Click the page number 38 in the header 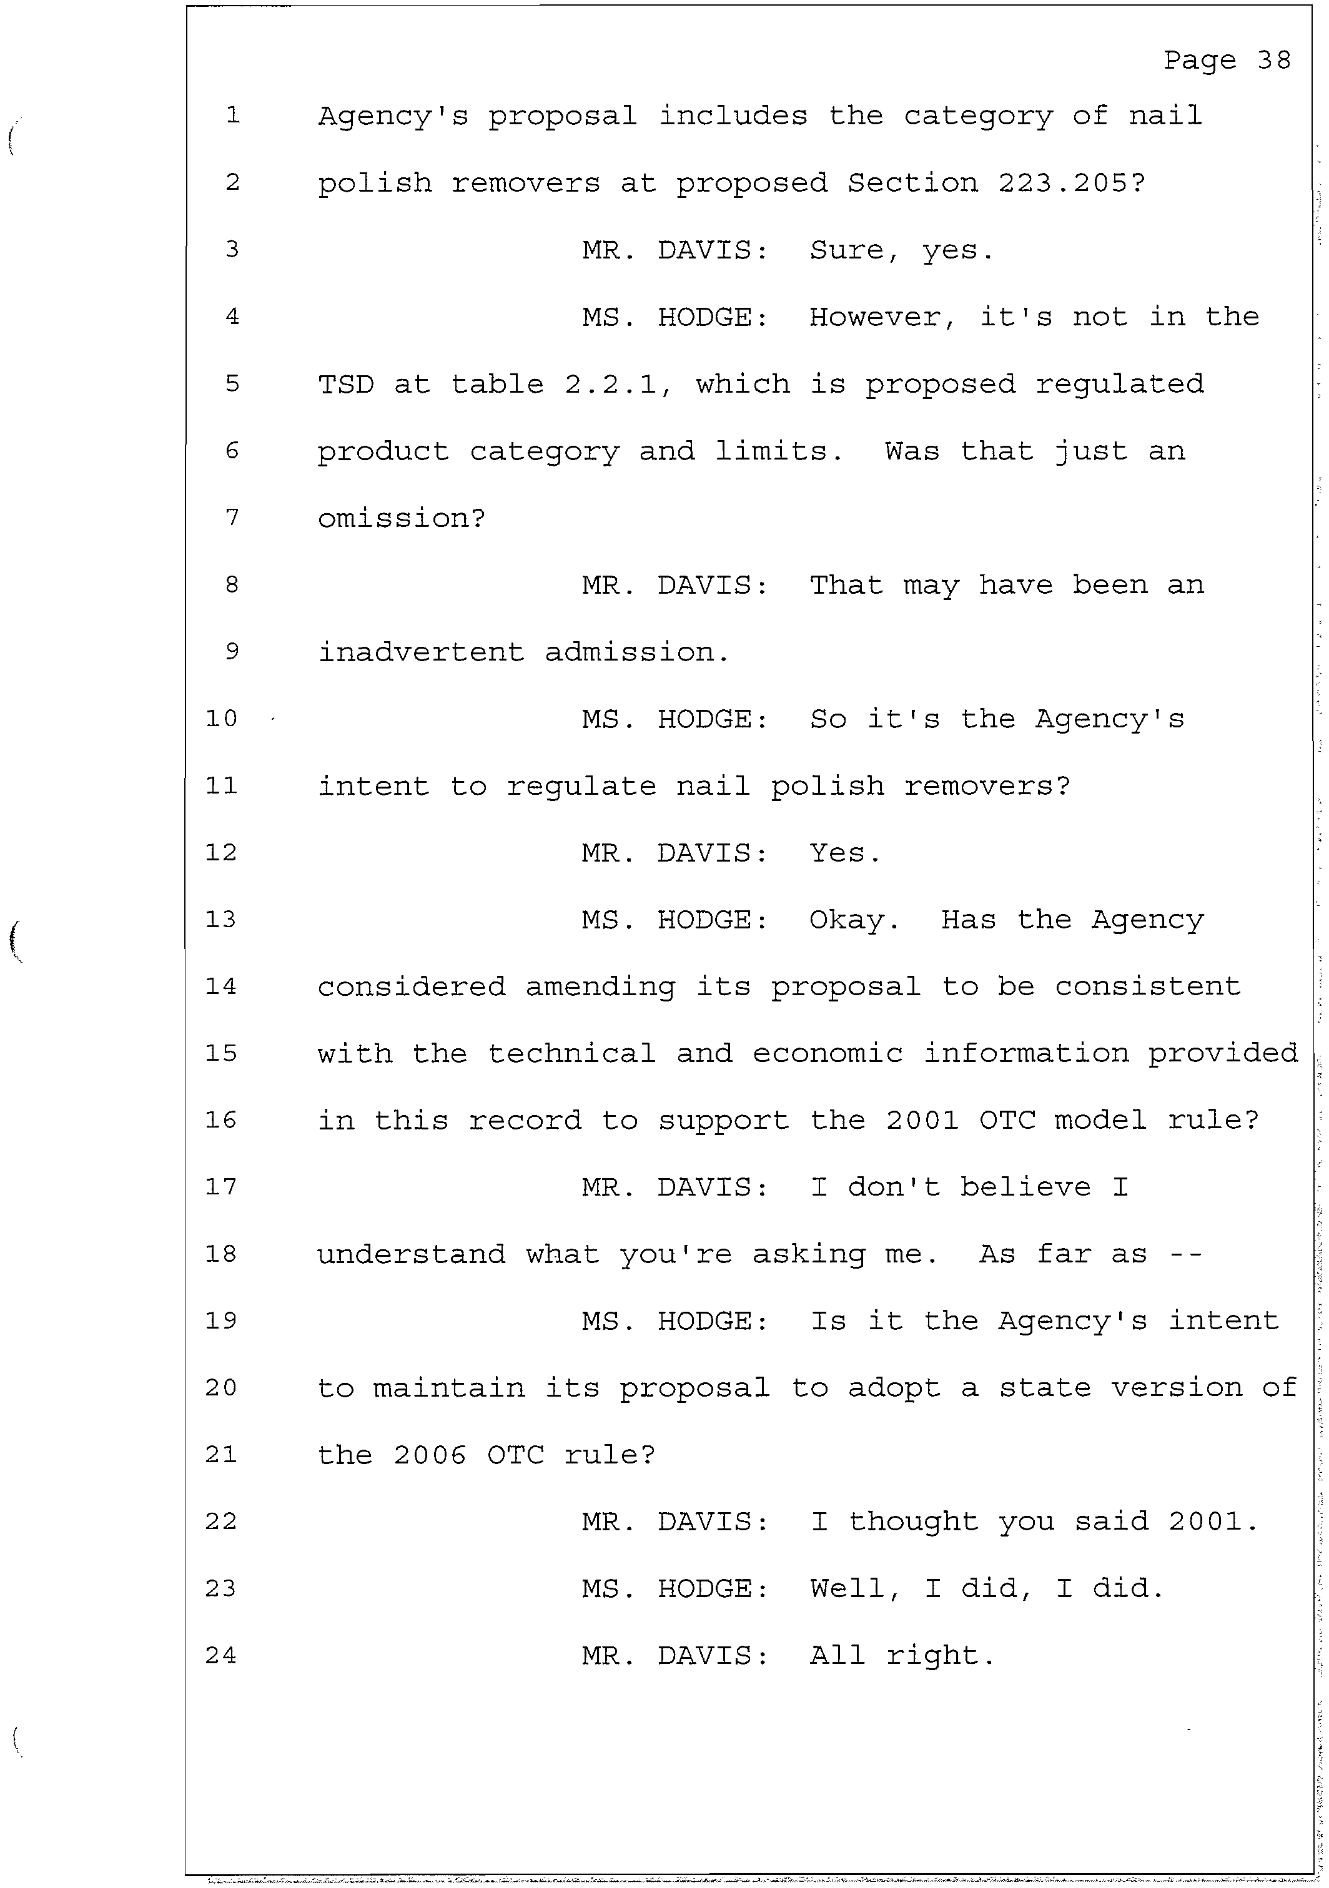1274,60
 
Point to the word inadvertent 420,652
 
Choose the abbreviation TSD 345,384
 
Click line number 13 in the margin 221,918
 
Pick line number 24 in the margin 221,1654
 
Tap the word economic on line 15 828,1053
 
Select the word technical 571,1053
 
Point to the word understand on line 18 411,1254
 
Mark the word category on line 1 978,116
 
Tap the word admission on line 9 636,652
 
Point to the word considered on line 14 411,986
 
